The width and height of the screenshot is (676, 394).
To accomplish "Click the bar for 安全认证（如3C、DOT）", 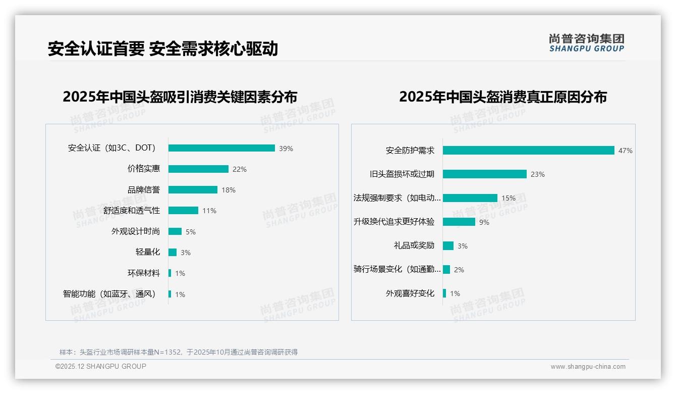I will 221,148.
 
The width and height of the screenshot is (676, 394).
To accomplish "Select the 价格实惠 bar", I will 198,169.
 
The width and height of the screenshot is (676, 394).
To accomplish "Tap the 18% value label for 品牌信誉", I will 229,190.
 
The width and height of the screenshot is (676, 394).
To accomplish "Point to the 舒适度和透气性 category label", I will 132,211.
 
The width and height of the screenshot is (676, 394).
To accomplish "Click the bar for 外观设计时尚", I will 175,231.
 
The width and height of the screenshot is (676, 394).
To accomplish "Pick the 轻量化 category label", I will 148,252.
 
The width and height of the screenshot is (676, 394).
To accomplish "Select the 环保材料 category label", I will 144,273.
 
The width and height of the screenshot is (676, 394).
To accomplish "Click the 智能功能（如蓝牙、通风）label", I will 109,294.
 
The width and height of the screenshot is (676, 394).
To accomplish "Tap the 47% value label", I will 625,151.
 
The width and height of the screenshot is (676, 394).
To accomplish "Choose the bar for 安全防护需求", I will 528,150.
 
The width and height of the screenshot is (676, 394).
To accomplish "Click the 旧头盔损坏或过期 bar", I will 484,174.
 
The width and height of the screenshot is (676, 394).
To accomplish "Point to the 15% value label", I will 509,198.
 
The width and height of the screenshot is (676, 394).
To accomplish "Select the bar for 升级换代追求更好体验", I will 459,222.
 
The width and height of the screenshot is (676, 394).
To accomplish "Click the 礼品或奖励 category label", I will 414,245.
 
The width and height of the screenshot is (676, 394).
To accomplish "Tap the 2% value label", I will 459,270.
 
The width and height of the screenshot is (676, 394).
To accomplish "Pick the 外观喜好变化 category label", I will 410,293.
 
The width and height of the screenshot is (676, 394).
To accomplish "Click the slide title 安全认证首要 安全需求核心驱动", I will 162,49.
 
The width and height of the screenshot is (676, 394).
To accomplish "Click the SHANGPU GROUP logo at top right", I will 586,43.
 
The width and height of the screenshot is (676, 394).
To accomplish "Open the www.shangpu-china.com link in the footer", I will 588,367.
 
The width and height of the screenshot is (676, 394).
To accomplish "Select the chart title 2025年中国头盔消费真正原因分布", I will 502,96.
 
